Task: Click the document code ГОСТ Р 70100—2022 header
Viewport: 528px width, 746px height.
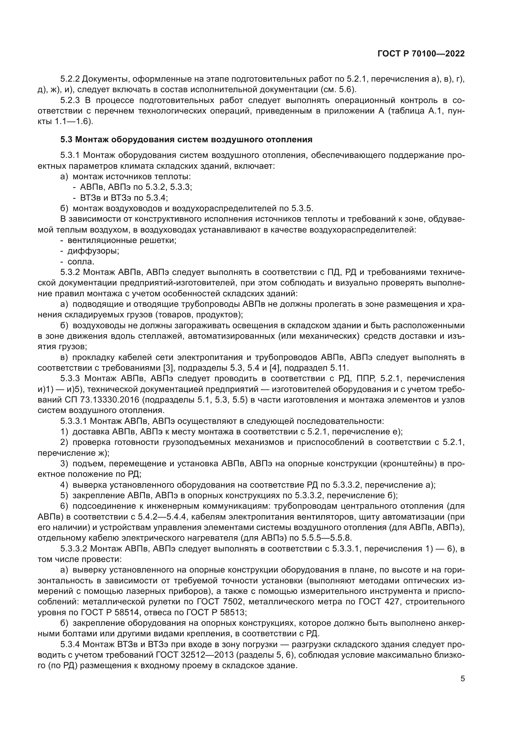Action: point(421,54)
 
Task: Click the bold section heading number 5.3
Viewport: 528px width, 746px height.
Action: point(66,140)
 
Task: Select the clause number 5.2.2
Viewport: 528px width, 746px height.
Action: point(70,79)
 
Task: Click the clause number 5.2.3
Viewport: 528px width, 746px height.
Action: point(70,100)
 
